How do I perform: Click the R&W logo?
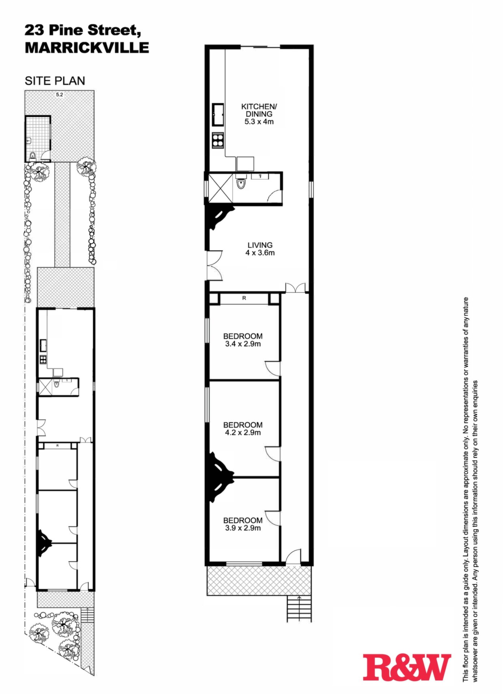(407, 667)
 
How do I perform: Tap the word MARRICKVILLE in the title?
(87, 48)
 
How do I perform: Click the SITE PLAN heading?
(55, 81)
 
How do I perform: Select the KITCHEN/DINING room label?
(259, 110)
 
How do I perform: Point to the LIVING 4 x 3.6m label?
(260, 249)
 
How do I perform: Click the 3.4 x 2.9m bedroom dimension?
(243, 344)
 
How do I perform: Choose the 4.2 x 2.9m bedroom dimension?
(243, 432)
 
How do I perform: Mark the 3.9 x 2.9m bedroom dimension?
(243, 528)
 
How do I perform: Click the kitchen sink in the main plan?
(218, 115)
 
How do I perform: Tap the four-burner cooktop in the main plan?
(218, 140)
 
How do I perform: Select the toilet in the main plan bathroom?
(241, 183)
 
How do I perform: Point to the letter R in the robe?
(244, 298)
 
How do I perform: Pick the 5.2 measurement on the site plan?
(59, 95)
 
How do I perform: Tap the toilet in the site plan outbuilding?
(33, 156)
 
